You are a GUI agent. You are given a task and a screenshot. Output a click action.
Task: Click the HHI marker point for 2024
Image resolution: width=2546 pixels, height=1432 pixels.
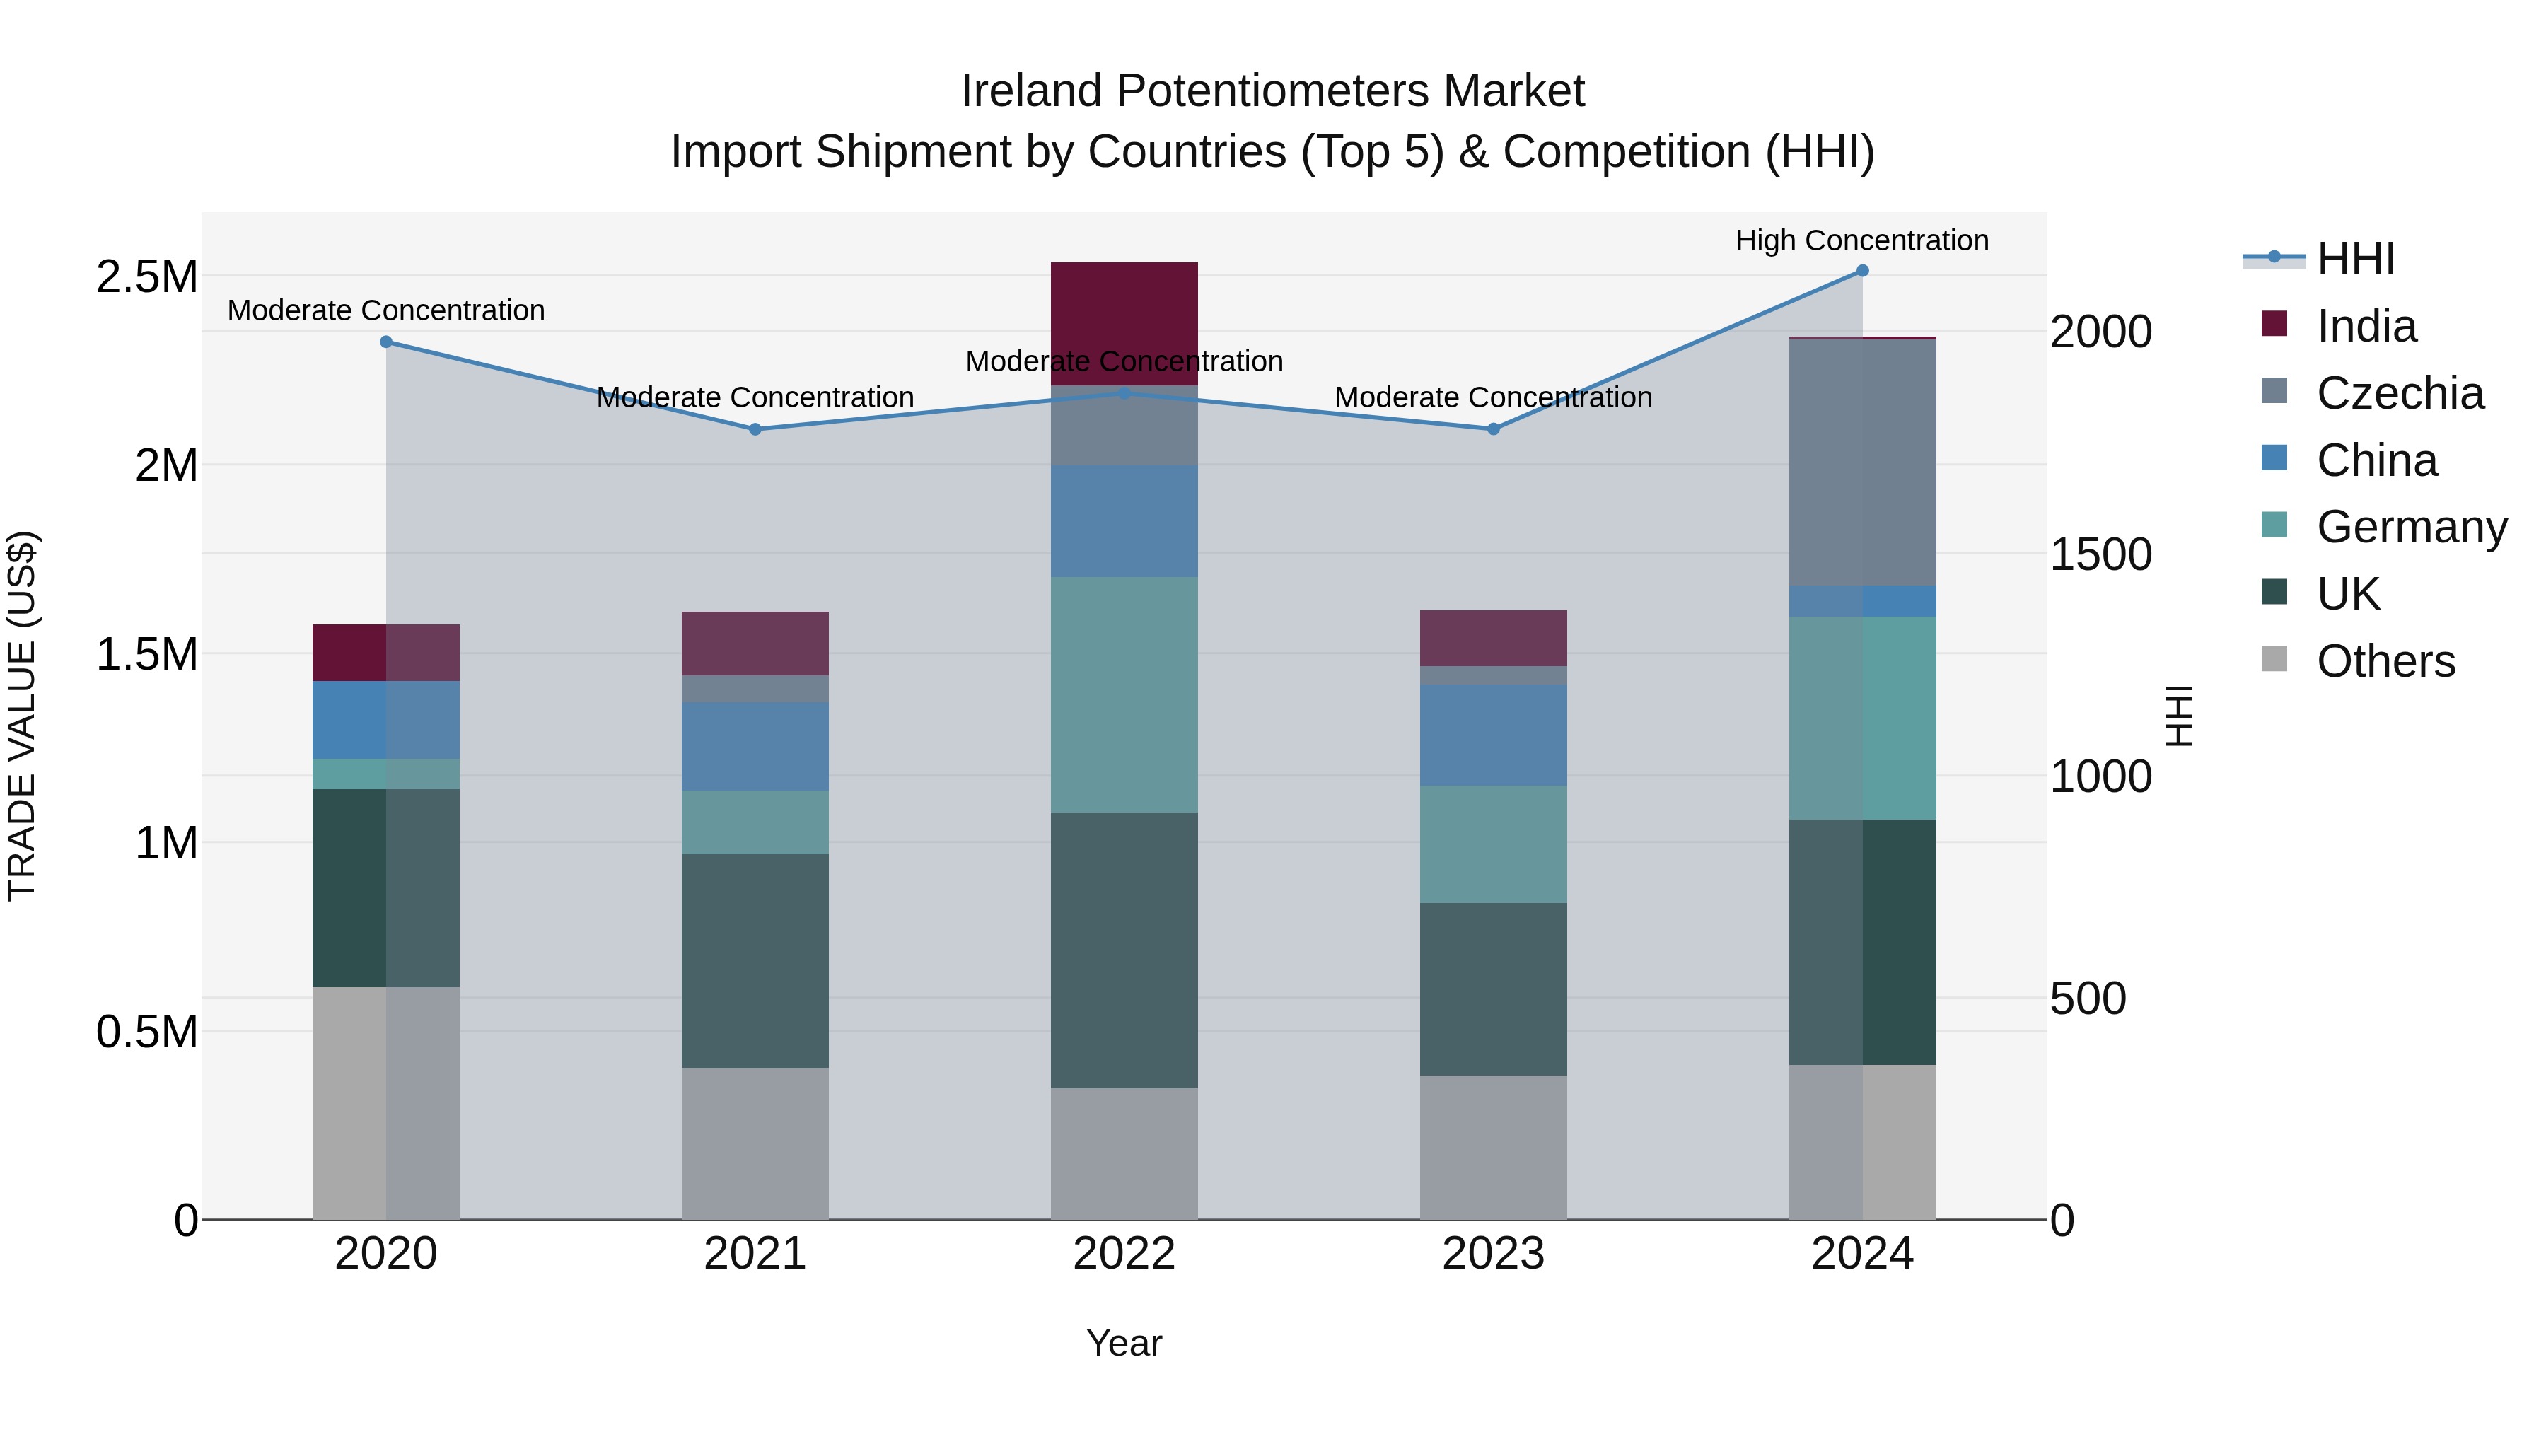pos(1862,271)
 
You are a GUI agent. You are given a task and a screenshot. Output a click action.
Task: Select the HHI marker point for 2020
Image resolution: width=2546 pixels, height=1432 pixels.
pos(386,342)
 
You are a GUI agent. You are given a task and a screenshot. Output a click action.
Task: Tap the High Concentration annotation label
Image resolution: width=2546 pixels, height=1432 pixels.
pos(1862,240)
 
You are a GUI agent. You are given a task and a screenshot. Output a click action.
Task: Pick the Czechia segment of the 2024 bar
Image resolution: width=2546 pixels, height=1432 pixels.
pos(1862,462)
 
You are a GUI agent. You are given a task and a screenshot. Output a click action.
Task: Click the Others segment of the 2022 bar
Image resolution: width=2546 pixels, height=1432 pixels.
pos(1124,1153)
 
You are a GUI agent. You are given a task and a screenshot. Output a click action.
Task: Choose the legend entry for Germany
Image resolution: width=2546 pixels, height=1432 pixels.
pos(2411,527)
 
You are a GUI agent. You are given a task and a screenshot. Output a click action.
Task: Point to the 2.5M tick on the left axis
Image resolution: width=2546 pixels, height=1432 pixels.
pos(146,276)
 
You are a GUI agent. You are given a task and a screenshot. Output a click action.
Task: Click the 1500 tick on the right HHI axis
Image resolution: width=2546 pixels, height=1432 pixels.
pos(2100,554)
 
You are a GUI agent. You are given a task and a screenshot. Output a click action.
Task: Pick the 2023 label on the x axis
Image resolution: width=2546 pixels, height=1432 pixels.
pos(1494,1254)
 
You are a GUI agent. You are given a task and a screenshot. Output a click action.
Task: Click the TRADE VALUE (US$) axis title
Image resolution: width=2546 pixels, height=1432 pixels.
pos(22,716)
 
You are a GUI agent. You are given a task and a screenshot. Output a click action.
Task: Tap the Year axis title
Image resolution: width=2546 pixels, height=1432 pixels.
pos(1124,1343)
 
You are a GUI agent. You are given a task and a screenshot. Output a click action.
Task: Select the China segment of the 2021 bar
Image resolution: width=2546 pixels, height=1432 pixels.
pos(755,746)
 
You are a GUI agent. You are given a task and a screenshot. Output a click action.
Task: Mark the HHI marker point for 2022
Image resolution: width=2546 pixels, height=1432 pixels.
pos(1124,393)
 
